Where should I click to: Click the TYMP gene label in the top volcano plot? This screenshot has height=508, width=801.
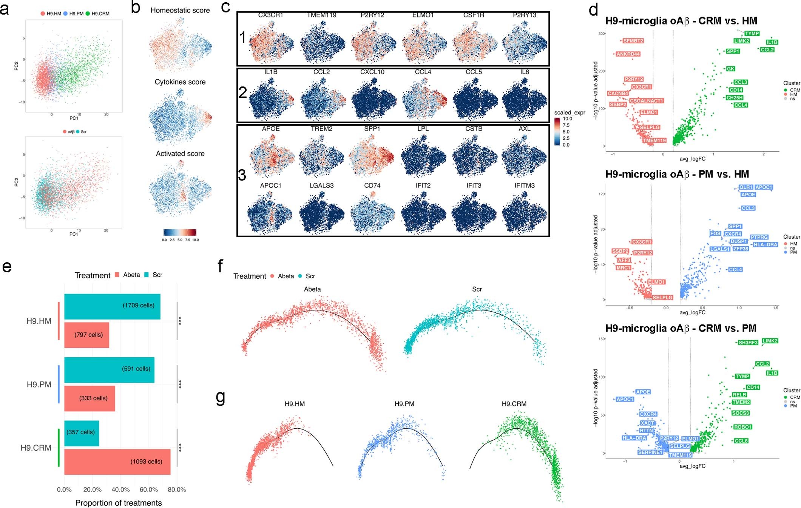click(x=752, y=34)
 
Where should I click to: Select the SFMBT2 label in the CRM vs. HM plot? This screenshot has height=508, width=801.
click(x=633, y=41)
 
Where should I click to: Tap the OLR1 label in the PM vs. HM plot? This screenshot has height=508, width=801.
click(x=746, y=187)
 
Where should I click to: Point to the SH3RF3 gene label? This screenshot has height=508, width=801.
click(x=748, y=343)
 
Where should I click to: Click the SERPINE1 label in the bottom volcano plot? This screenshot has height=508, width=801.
click(x=650, y=452)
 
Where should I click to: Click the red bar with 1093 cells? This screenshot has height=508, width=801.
click(x=117, y=461)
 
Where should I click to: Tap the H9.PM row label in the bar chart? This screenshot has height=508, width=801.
click(x=39, y=384)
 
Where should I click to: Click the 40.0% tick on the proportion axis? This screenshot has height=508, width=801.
click(x=120, y=489)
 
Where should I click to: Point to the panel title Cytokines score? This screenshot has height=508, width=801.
click(x=180, y=82)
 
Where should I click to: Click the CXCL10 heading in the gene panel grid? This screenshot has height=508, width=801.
click(x=372, y=72)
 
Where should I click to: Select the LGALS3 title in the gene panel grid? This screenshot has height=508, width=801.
click(x=321, y=185)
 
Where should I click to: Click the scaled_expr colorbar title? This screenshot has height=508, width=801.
click(x=569, y=113)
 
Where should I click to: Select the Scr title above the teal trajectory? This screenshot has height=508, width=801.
click(x=477, y=289)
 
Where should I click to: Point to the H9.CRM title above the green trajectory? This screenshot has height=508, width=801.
click(x=514, y=404)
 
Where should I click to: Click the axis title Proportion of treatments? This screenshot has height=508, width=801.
click(x=118, y=503)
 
